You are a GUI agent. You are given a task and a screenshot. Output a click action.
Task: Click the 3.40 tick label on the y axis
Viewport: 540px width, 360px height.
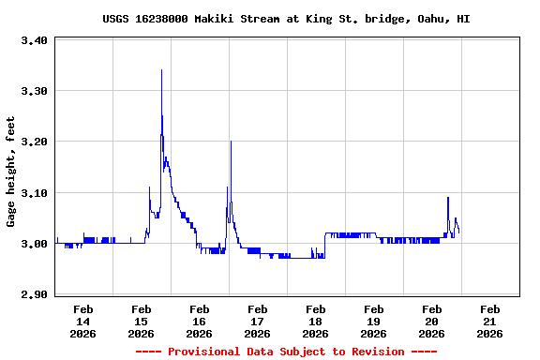(x=34, y=40)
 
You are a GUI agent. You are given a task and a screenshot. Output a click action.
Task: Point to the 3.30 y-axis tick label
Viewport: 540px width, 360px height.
(x=34, y=91)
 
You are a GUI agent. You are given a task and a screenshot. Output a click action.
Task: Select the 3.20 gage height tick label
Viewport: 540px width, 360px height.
(x=34, y=142)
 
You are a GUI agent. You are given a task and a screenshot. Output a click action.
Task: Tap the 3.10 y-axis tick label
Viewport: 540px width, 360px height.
(x=34, y=193)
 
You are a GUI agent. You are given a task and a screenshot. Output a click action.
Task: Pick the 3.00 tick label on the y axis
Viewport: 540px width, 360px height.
(x=34, y=244)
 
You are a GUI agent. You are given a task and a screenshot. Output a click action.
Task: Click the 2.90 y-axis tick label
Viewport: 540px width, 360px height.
(x=34, y=295)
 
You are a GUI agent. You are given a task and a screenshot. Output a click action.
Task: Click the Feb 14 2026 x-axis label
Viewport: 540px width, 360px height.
(x=82, y=321)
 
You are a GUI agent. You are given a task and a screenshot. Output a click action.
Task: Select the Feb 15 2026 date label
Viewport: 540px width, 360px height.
(x=141, y=321)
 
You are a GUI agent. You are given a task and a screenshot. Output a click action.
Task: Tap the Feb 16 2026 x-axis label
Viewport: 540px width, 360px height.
(x=199, y=321)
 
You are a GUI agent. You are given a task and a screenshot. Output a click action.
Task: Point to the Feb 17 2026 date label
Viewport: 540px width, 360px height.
(x=257, y=321)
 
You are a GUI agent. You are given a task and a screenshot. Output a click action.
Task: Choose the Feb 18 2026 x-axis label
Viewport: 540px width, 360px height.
(x=315, y=321)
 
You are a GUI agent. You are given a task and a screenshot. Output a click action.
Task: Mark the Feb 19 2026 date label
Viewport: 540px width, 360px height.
(x=373, y=321)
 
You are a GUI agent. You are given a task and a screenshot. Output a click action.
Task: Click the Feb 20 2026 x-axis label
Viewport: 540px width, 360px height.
(x=431, y=321)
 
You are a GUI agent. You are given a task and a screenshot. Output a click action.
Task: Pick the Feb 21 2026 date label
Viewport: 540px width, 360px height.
(x=489, y=321)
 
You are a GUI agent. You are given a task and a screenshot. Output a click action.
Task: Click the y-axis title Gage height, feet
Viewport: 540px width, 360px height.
(x=11, y=172)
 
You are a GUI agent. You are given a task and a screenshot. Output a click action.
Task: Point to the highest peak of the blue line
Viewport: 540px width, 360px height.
(x=161, y=70)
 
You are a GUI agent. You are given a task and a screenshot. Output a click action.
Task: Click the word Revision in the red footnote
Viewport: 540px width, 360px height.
(x=375, y=352)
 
